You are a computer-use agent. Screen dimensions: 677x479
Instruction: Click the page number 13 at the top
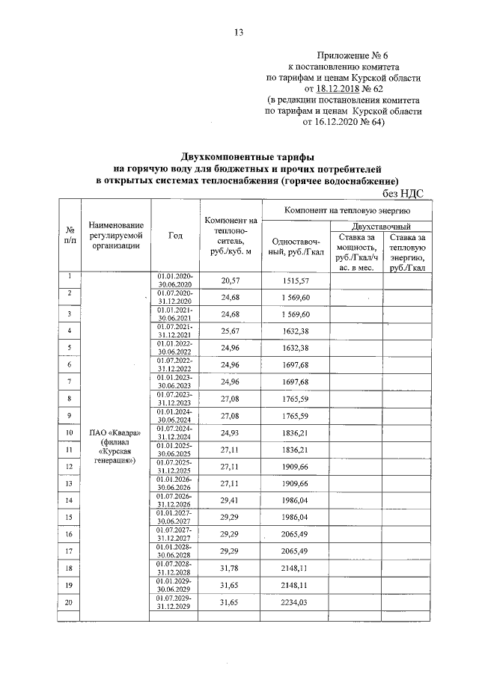point(239,31)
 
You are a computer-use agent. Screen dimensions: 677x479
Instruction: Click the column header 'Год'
point(175,236)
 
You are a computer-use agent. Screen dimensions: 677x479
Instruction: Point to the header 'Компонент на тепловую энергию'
point(344,212)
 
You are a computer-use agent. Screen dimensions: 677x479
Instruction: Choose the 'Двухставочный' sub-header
point(380,226)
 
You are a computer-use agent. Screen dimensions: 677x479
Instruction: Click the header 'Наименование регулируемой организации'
point(115,236)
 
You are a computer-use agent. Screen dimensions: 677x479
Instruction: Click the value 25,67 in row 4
point(229,331)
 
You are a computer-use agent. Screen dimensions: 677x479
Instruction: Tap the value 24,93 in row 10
point(229,432)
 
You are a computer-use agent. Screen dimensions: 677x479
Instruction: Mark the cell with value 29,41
point(229,500)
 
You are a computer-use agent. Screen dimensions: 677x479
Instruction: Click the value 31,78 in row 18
point(229,568)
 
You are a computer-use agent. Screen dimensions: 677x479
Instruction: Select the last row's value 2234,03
point(295,602)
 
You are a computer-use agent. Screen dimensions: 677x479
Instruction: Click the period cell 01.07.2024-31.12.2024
point(175,432)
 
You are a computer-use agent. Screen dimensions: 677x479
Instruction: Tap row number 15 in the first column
point(69,517)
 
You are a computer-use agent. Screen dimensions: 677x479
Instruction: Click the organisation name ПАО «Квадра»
point(115,432)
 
